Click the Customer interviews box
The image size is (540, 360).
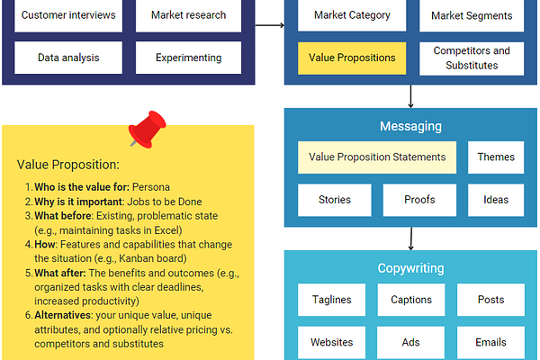point(67,15)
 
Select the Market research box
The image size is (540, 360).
point(188,15)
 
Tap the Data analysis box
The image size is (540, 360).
point(67,58)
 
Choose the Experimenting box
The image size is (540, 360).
point(188,58)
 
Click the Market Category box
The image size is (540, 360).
point(352,15)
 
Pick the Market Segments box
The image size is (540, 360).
point(472,15)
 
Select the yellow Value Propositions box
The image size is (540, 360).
point(352,58)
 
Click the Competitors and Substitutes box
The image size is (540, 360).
point(472,58)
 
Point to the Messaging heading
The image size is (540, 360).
point(410,126)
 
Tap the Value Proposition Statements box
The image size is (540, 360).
point(377,157)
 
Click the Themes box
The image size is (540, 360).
point(496,157)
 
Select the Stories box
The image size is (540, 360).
point(334,200)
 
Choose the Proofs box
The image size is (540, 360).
point(419,200)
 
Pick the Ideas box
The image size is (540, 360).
point(496,200)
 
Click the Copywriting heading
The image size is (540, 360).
point(410,268)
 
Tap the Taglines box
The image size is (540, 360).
point(331,300)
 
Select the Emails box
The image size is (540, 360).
point(490,342)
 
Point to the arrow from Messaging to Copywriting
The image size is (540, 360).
point(411,238)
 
